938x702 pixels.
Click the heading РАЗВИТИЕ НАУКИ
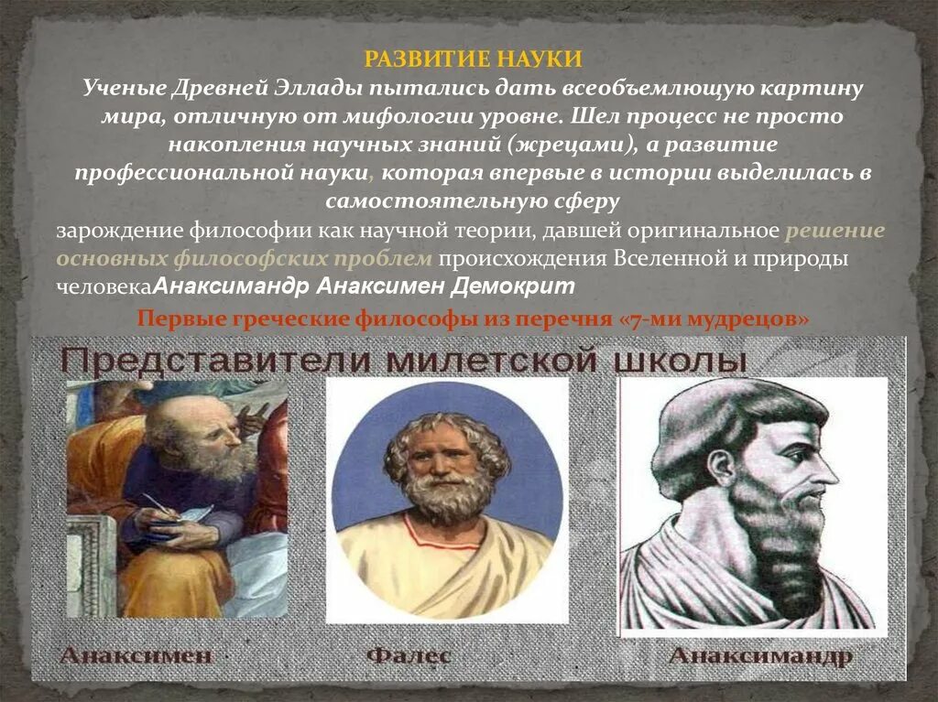click(x=474, y=59)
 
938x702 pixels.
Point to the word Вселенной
click(x=667, y=258)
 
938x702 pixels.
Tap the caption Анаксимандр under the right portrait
click(x=760, y=655)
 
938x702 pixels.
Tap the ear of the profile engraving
click(x=722, y=467)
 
